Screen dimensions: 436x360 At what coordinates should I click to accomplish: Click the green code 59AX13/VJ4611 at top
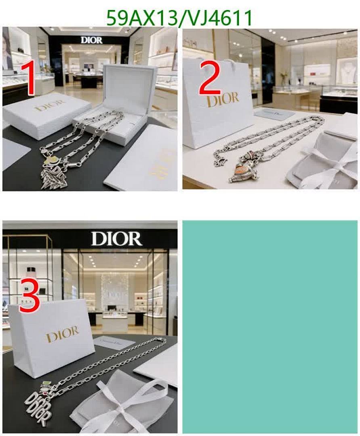(x=180, y=18)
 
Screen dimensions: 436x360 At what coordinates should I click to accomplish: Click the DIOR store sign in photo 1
(x=92, y=40)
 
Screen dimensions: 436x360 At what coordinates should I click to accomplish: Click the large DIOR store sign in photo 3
(x=116, y=239)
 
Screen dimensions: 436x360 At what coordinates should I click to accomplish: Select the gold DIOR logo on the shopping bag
(x=222, y=99)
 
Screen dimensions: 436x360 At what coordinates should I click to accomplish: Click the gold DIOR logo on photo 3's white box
(x=62, y=334)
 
